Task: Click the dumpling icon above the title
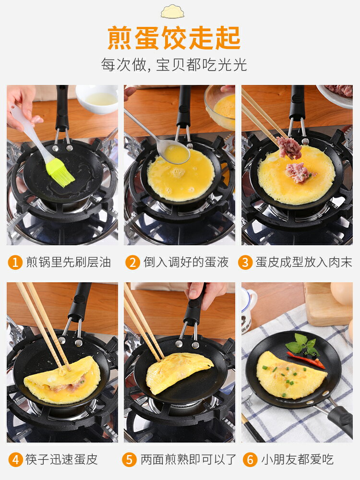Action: pos(173,11)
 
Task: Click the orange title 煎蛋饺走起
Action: pos(174,38)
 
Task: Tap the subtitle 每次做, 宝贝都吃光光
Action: pos(174,64)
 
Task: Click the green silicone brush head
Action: pos(60,172)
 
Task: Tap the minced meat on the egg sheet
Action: pos(298,172)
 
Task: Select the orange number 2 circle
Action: pos(132,263)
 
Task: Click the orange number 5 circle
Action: pos(129,459)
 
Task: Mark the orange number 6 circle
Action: pos(250,459)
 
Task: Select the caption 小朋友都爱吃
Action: pos(297,459)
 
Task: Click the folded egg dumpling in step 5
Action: pos(179,372)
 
